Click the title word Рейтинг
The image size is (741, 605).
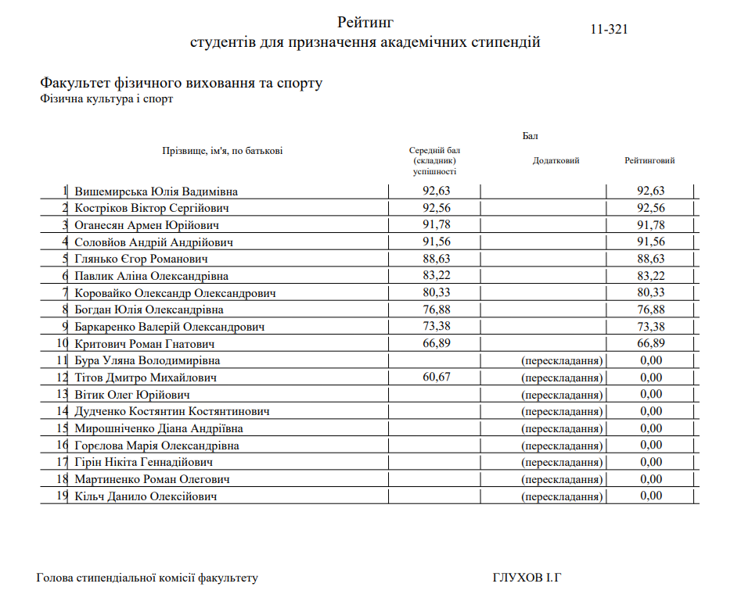[x=365, y=22]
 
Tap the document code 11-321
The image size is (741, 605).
[x=610, y=30]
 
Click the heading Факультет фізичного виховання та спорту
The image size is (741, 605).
[x=181, y=83]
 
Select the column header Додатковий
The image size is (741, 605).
[x=556, y=161]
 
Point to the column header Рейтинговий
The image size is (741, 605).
[x=649, y=161]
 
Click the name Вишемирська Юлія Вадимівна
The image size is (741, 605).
[x=156, y=192]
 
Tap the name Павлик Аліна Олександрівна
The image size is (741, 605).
[x=151, y=276]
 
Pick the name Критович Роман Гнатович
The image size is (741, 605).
[x=144, y=344]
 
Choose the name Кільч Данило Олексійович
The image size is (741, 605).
[x=146, y=496]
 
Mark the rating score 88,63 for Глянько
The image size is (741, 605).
[x=650, y=259]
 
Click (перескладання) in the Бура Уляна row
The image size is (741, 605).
[x=562, y=360]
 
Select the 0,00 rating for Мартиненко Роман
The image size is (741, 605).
[x=650, y=479]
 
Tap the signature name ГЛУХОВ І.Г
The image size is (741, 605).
[x=527, y=578]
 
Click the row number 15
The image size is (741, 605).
[x=63, y=428]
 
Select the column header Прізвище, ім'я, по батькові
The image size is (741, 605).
[x=221, y=151]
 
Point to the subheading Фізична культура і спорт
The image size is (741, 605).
[x=106, y=99]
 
